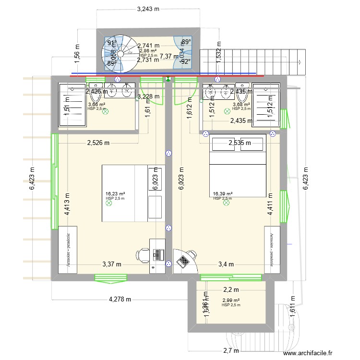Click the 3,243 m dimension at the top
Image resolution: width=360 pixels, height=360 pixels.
[148, 9]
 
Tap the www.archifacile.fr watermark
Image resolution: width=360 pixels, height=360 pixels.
[307, 353]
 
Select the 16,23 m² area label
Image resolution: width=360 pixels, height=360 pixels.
[115, 194]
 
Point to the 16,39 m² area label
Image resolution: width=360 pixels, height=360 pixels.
[223, 194]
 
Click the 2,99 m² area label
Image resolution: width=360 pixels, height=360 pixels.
[231, 300]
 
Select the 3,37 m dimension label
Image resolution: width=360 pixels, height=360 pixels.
[111, 264]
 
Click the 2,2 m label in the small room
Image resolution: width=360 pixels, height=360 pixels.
[231, 289]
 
